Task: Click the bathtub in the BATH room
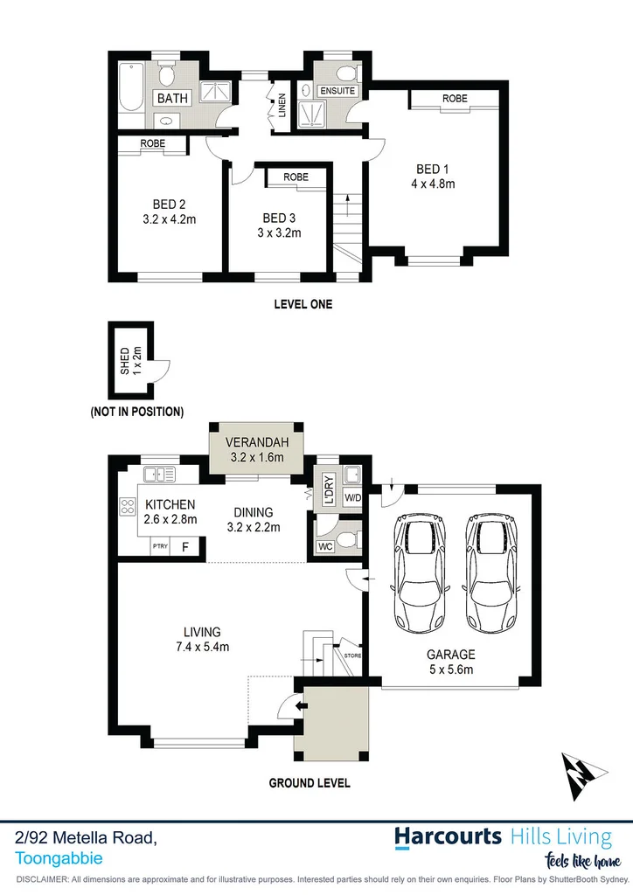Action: (131, 86)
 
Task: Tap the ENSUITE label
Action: (337, 90)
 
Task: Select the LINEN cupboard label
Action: (282, 107)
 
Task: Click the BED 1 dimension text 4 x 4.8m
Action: (435, 184)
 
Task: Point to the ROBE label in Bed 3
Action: (296, 177)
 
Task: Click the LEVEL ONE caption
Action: (303, 305)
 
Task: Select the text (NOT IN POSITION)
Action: (136, 411)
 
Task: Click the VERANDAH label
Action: (257, 441)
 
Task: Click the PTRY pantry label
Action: (160, 547)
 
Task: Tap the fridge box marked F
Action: (184, 547)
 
